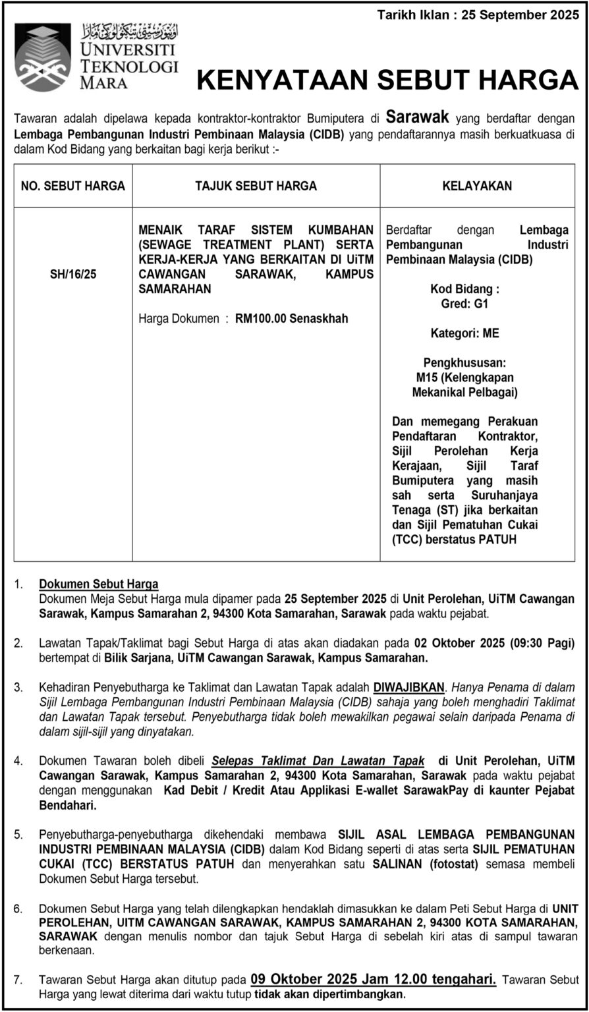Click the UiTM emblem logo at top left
(42, 57)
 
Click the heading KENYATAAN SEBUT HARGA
(387, 80)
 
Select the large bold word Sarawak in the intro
(417, 117)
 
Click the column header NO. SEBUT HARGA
(73, 186)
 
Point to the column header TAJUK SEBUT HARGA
(256, 186)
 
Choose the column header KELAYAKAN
(477, 186)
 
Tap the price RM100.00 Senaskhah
(291, 319)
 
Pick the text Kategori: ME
(465, 333)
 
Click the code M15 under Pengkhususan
(426, 378)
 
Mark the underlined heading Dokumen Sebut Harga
(99, 584)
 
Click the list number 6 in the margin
(19, 909)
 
